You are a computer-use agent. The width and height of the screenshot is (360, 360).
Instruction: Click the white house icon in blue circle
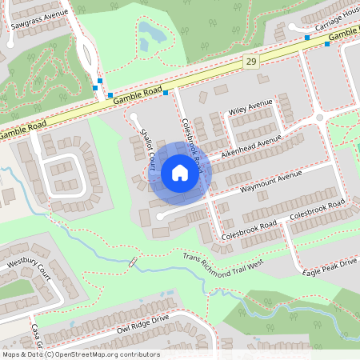pyautogui.click(x=180, y=172)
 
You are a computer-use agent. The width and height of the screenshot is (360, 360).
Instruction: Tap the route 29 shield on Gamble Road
pyautogui.click(x=252, y=62)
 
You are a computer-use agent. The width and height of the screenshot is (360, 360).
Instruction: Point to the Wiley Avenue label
pyautogui.click(x=250, y=107)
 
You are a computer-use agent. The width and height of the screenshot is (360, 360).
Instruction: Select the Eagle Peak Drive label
pyautogui.click(x=330, y=268)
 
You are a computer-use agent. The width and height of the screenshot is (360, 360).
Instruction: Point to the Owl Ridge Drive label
pyautogui.click(x=142, y=323)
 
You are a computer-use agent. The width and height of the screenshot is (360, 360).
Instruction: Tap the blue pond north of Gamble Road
pyautogui.click(x=150, y=34)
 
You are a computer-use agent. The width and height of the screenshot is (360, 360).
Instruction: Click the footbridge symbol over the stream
pyautogui.click(x=132, y=262)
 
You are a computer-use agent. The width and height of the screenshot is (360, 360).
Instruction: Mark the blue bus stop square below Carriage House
pyautogui.click(x=307, y=37)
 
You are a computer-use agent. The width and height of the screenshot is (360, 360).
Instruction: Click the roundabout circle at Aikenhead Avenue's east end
pyautogui.click(x=319, y=118)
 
